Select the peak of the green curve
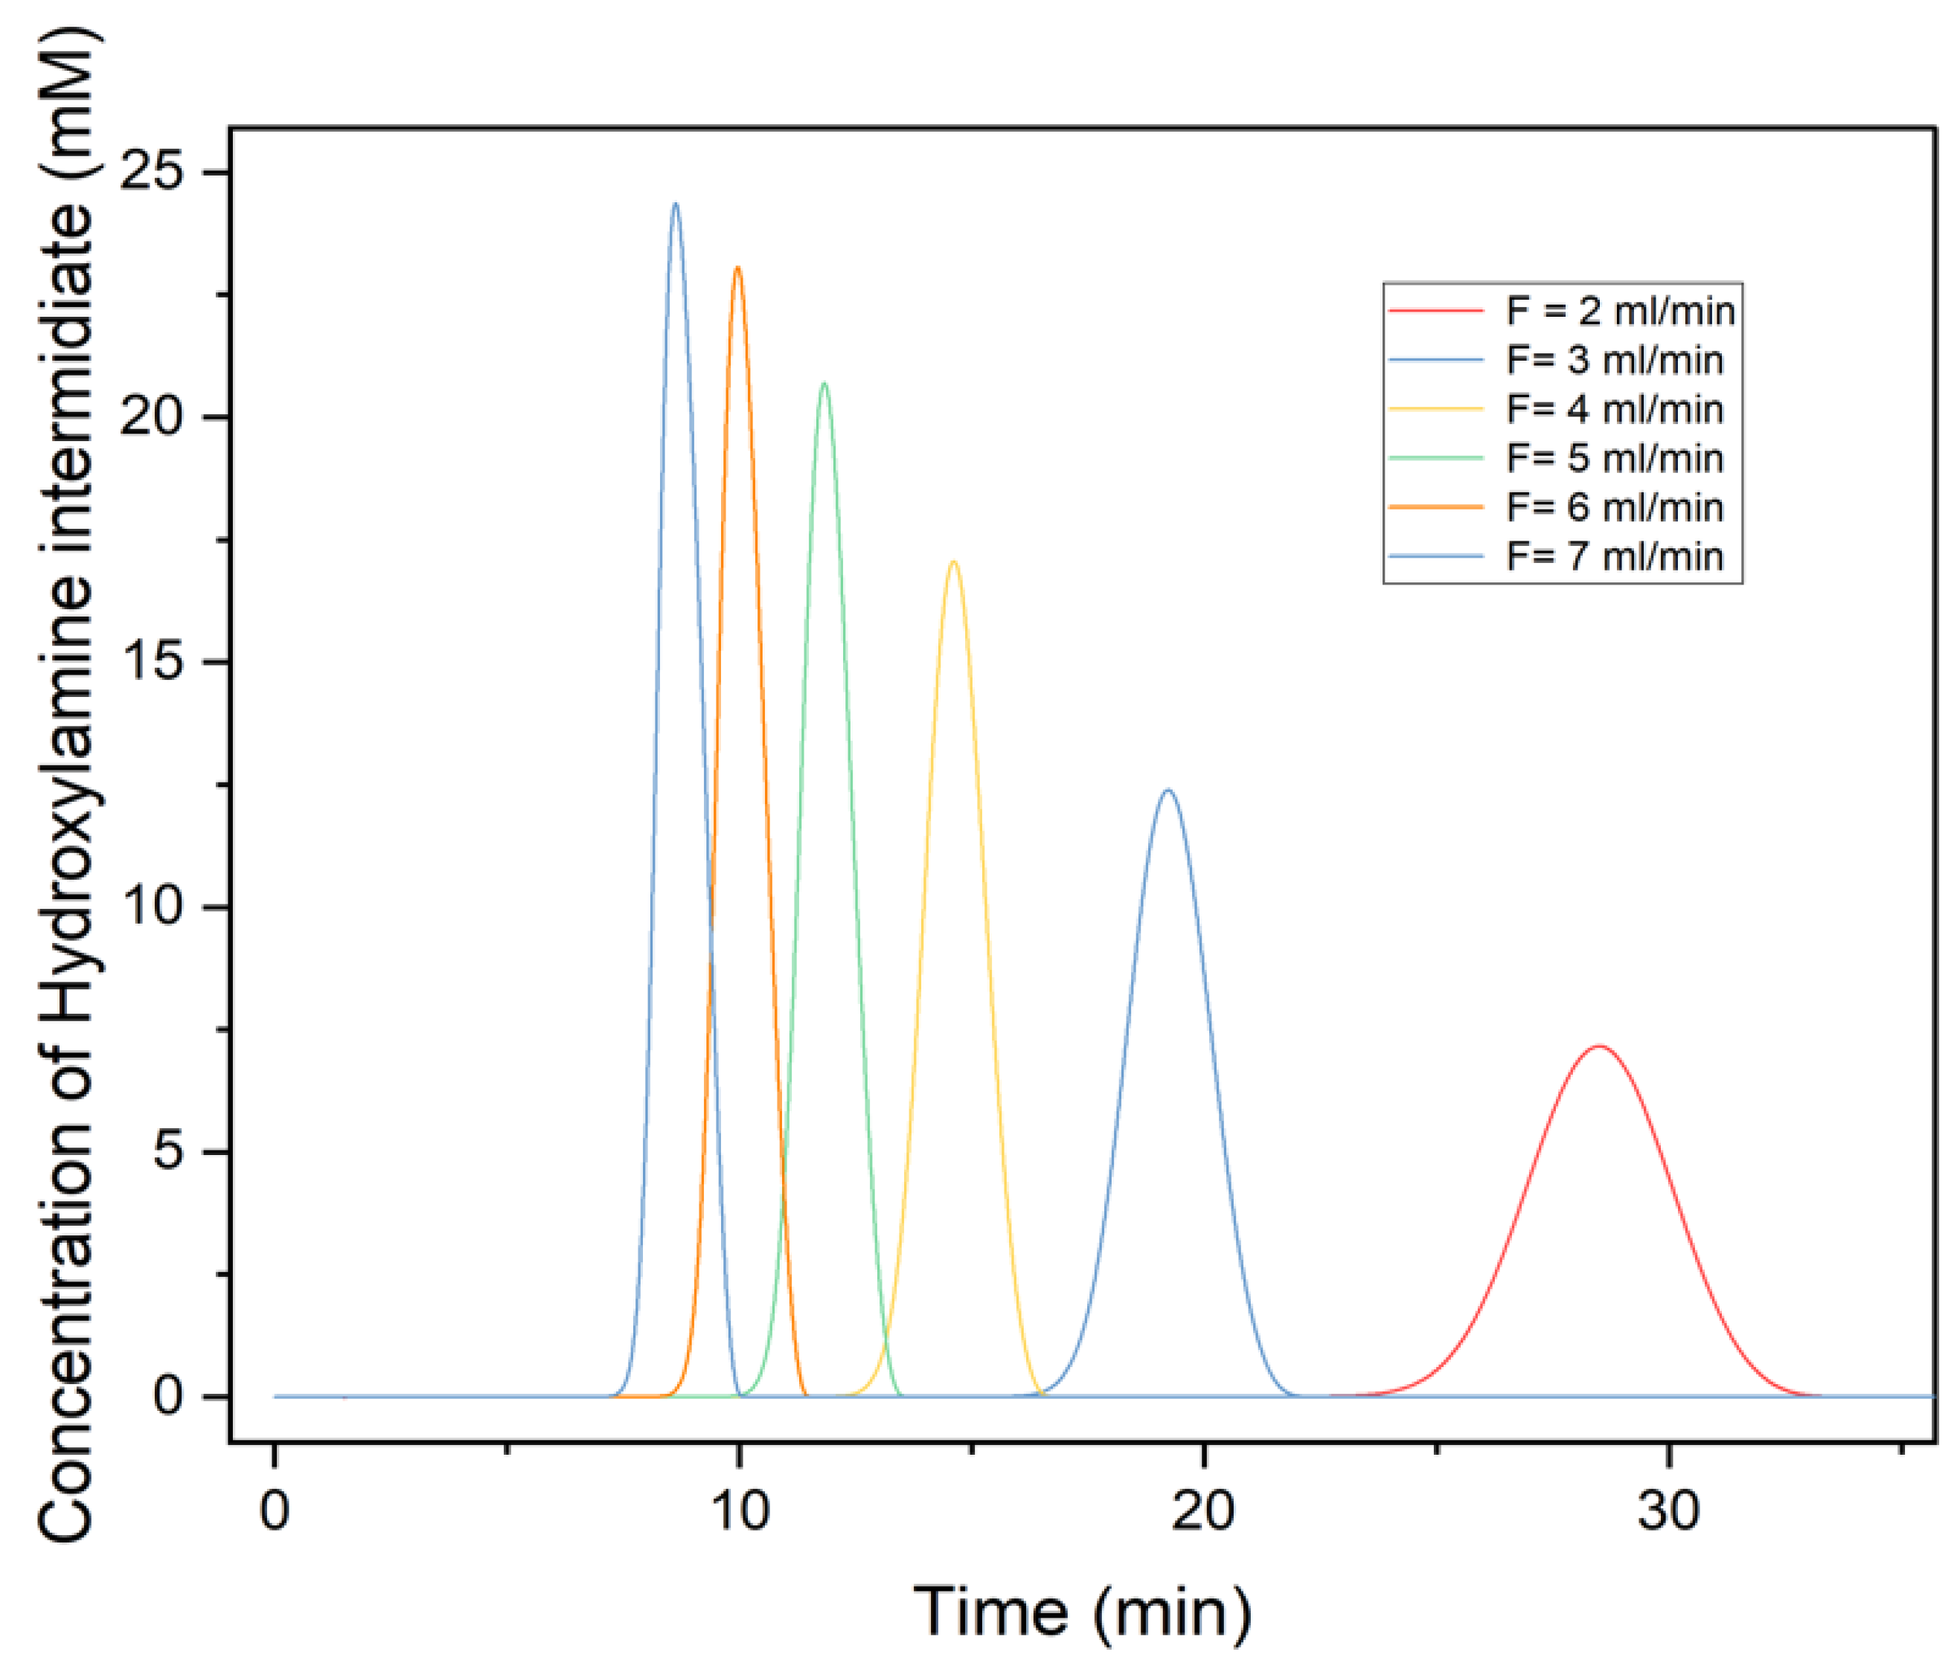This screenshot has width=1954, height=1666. point(824,383)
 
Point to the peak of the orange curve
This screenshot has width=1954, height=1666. point(737,268)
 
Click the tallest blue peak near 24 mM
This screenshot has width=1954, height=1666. point(675,204)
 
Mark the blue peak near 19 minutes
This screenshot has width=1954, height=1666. point(1168,790)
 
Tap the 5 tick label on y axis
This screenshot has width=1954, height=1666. point(168,1151)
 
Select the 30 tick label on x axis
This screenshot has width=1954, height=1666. point(1668,1511)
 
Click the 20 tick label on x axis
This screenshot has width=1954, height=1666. point(1203,1511)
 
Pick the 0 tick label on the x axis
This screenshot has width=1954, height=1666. point(275,1511)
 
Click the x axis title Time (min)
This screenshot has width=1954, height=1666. point(1083,1612)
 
